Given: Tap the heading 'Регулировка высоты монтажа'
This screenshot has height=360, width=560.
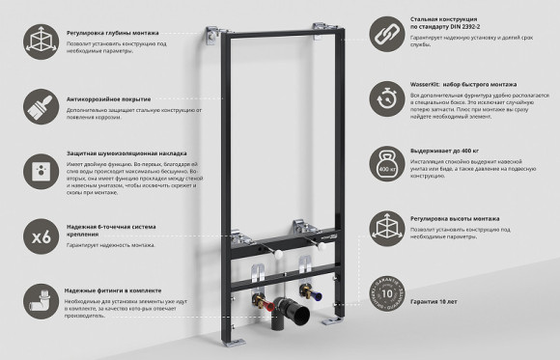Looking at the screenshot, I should tap(454, 220).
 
